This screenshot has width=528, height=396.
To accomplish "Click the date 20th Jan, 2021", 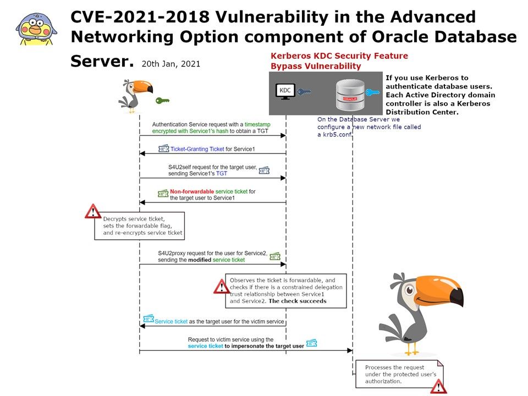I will pyautogui.click(x=170, y=64).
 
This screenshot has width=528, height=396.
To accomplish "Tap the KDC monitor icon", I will pyautogui.click(x=285, y=92).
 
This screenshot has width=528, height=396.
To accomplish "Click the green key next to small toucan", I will pyautogui.click(x=162, y=101).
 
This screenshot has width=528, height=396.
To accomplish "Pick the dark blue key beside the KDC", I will pyautogui.click(x=304, y=92).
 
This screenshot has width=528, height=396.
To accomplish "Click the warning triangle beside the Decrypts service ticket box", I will pyautogui.click(x=93, y=211).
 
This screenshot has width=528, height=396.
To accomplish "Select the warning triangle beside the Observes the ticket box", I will pyautogui.click(x=222, y=287).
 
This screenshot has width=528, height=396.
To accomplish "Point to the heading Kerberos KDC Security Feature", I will pyautogui.click(x=339, y=56).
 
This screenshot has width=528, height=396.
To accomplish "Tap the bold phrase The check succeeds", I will pyautogui.click(x=297, y=301).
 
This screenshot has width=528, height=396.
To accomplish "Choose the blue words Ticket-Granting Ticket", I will pyautogui.click(x=197, y=149).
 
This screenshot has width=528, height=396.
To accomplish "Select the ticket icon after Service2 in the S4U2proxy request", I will pyautogui.click(x=275, y=256).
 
